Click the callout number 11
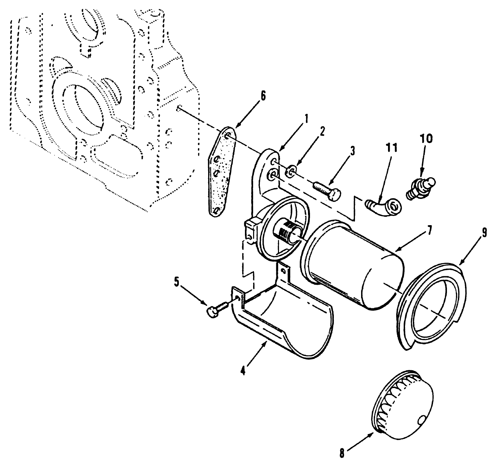click(392, 149)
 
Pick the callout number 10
click(426, 138)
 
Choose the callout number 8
click(342, 453)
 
